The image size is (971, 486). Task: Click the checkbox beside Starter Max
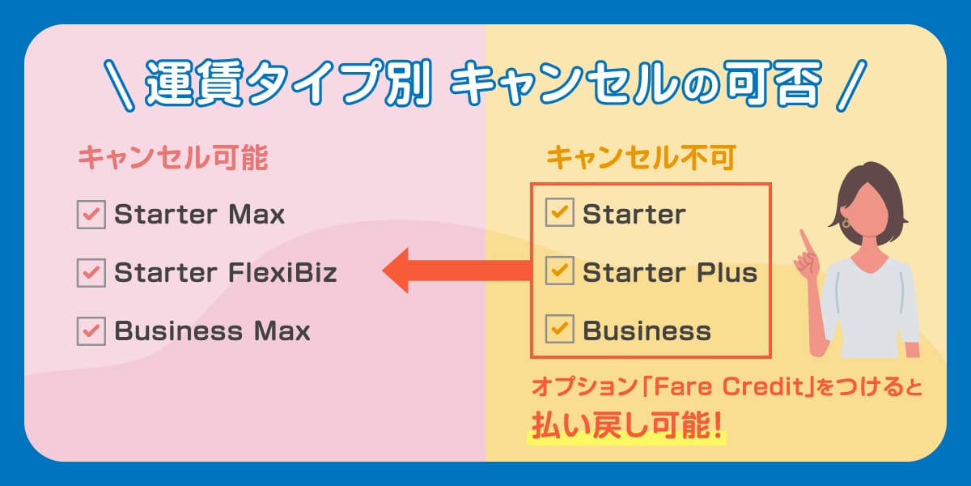click(91, 215)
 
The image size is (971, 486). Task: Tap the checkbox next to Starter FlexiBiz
click(91, 273)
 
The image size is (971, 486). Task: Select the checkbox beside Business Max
click(91, 331)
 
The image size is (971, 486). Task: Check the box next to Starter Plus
click(559, 273)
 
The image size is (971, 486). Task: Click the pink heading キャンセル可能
click(172, 159)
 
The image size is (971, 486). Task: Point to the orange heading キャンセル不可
click(640, 159)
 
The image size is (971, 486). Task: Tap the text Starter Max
click(199, 215)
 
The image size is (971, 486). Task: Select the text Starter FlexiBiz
click(225, 273)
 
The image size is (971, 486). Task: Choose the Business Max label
click(212, 331)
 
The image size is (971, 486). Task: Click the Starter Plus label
click(669, 273)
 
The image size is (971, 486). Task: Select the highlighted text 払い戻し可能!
click(625, 427)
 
